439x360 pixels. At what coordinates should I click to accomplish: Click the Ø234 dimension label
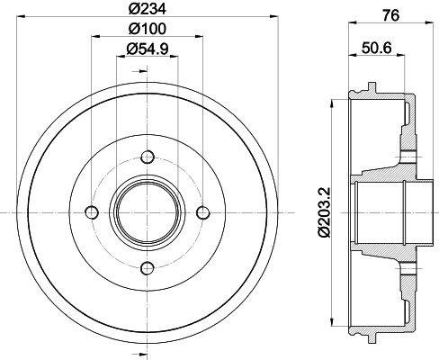pyautogui.click(x=144, y=11)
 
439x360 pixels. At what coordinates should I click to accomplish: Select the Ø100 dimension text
pyautogui.click(x=144, y=31)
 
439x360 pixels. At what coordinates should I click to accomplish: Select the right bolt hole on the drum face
pyautogui.click(x=202, y=212)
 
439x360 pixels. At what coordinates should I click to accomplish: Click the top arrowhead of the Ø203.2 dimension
pyautogui.click(x=335, y=102)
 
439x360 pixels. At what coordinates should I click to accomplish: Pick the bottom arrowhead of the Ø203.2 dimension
pyautogui.click(x=335, y=323)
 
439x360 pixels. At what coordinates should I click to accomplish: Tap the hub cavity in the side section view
pyautogui.click(x=382, y=212)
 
